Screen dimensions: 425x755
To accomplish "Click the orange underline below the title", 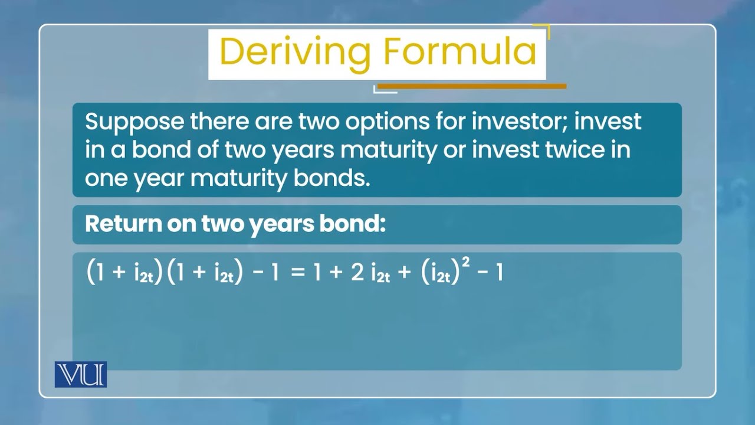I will pos(472,86).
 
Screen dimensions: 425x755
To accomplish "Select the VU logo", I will pos(81,374).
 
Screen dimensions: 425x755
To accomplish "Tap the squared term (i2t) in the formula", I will pos(441,274).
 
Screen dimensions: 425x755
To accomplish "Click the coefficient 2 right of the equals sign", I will pos(357,274).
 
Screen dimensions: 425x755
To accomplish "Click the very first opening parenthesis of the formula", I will pos(91,274).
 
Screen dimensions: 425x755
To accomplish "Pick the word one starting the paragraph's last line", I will pos(104,178).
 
